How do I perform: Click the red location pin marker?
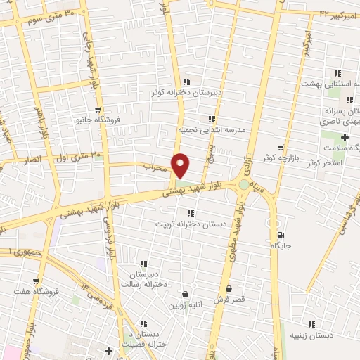pos(181,165)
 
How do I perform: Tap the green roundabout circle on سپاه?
pos(243,184)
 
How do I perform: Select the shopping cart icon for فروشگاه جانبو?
pos(98,109)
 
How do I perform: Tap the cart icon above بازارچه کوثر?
pos(281,148)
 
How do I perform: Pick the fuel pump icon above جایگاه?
pos(281,236)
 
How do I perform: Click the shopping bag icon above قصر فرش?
pos(229,289)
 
